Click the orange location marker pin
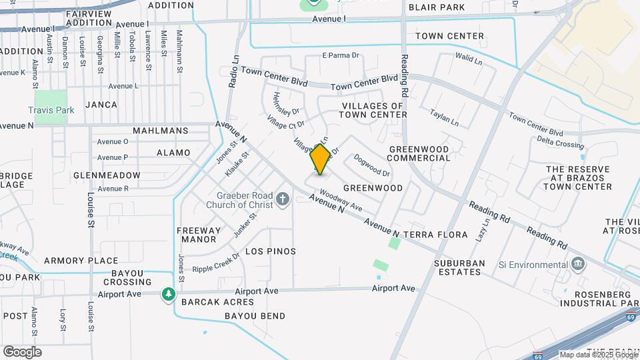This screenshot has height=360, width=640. [320, 159]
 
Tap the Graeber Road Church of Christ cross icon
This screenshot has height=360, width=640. [283, 199]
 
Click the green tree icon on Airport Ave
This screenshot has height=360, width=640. [169, 293]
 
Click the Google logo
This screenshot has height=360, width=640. [22, 352]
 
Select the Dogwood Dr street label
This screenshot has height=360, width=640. [371, 165]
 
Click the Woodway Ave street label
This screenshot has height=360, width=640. [340, 199]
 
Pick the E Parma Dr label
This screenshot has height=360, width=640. [341, 55]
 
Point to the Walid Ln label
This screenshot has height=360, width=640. [469, 59]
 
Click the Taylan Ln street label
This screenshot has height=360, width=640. [444, 118]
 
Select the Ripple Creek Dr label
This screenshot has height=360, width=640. [216, 263]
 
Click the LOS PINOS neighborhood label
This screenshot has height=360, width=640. [271, 251]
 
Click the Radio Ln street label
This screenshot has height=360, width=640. [233, 71]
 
